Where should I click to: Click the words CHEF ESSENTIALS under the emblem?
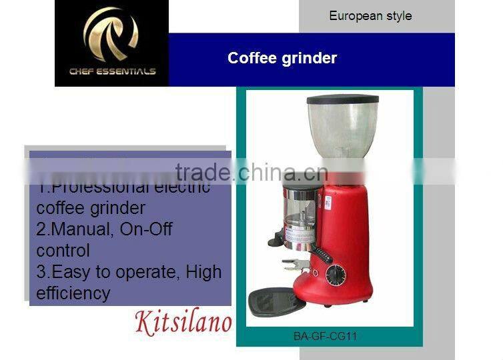tap(111, 71)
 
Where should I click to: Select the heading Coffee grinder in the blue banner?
tap(282, 58)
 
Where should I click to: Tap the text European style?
tap(370, 15)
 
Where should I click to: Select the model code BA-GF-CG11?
tap(325, 336)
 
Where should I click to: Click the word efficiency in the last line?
tap(73, 293)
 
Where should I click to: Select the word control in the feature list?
tap(63, 251)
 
